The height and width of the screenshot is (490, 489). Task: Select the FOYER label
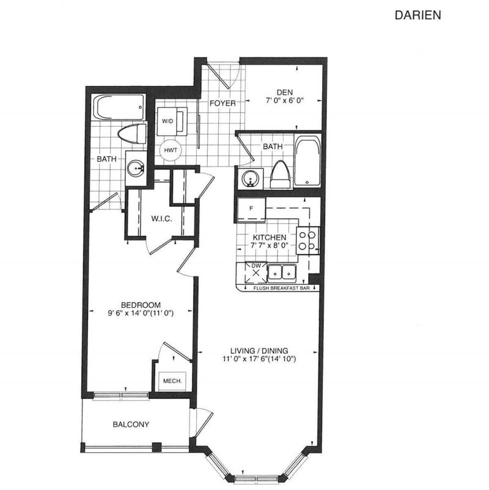coord(222,103)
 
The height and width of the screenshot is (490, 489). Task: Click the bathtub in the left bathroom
coord(119,108)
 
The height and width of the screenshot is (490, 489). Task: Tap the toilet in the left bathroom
coord(134,134)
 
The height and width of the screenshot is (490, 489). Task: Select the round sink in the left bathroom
coord(135,168)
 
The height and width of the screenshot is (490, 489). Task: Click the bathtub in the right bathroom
coord(306,162)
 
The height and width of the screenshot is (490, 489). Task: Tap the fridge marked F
coord(251,209)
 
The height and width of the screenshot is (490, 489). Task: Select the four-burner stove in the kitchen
coord(307,240)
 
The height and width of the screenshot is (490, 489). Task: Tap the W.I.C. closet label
coord(161,218)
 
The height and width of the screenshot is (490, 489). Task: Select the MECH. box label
coord(168,381)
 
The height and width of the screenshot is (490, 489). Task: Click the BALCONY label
coord(130,424)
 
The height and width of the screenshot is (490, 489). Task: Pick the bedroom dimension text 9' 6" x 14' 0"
coord(140,314)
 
